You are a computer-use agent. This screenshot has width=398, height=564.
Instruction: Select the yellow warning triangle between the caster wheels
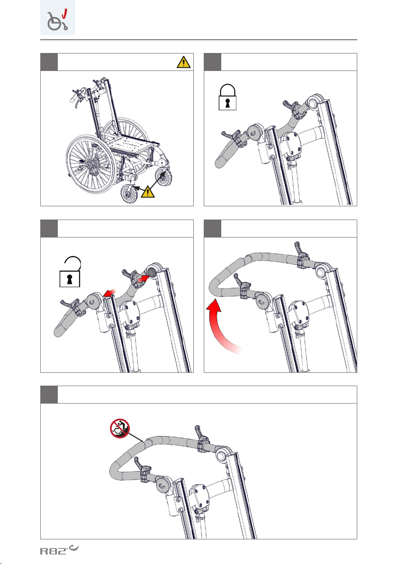coord(147,192)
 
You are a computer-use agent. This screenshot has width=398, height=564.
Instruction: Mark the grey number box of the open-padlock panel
coord(49,229)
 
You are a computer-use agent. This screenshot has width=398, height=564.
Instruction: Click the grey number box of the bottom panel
coord(49,395)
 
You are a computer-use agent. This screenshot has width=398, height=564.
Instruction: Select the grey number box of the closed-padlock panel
coord(212,62)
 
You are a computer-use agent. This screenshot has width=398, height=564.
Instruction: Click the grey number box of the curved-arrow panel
coord(212,229)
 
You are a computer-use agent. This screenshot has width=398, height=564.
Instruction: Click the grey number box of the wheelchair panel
coord(49,62)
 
